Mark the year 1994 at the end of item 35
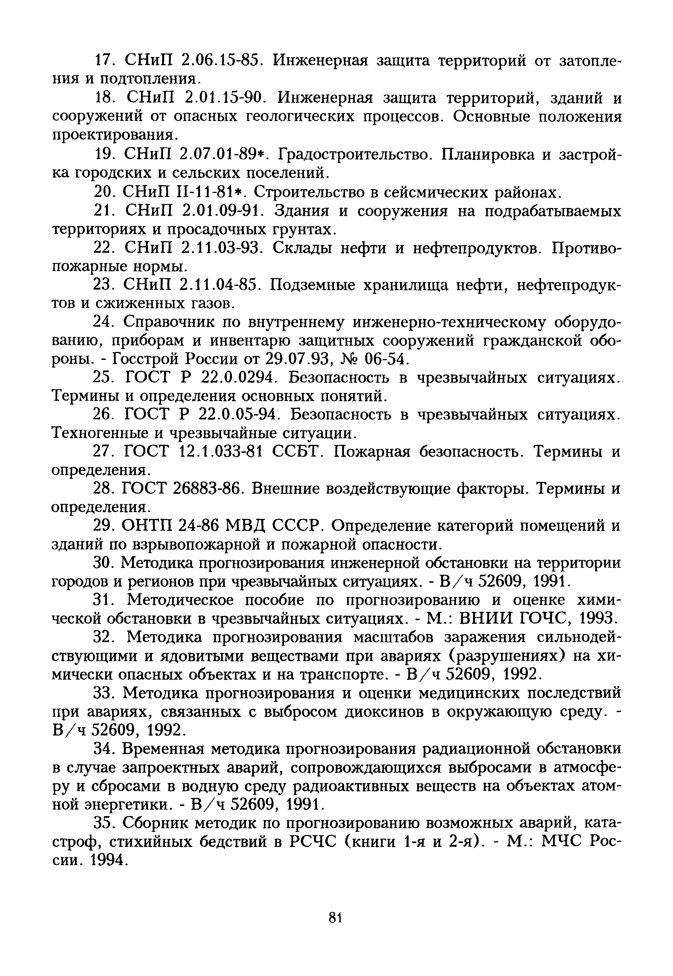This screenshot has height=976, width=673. [x=108, y=859]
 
